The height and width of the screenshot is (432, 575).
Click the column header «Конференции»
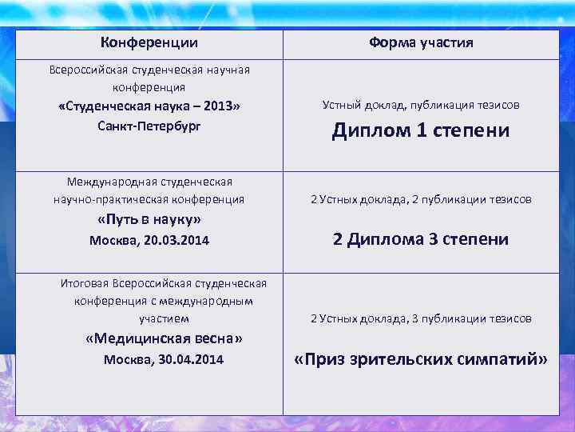[149, 42]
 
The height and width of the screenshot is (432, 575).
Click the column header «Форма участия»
[421, 42]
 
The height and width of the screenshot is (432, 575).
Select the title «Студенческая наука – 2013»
[149, 106]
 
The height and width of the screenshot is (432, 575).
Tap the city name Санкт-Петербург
[149, 126]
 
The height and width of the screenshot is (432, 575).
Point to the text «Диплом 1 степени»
[421, 130]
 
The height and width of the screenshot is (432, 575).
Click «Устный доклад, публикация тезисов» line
[421, 105]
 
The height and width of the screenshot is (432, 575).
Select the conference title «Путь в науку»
[149, 219]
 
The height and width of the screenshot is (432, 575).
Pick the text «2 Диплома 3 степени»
[421, 239]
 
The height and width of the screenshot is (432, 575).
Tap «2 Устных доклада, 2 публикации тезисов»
[421, 199]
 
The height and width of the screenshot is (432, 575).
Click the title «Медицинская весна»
[164, 338]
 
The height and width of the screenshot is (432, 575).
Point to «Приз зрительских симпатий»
[421, 359]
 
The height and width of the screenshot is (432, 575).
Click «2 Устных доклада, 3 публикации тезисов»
[421, 318]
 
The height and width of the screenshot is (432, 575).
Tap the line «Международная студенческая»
[149, 182]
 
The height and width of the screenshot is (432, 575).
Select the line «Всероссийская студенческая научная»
[149, 70]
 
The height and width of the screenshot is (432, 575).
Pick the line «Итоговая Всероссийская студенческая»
[164, 283]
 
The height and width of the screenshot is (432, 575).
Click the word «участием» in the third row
[164, 318]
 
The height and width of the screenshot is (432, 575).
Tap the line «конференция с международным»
[164, 301]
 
